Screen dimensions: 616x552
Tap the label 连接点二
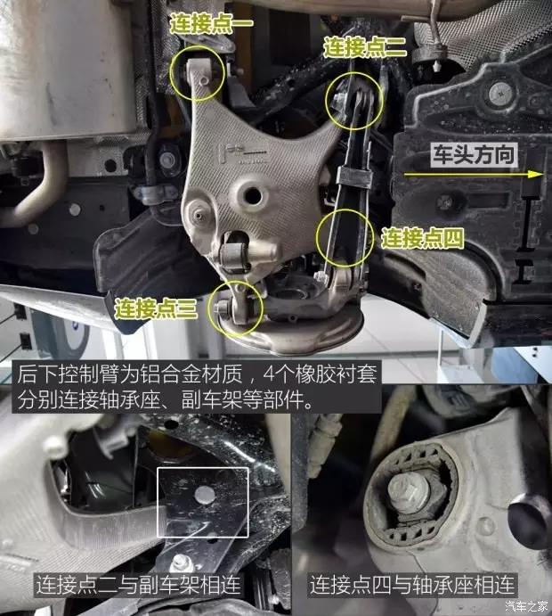[364, 45]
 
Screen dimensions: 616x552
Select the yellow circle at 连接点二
[354, 98]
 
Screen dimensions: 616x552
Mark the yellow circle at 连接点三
[236, 308]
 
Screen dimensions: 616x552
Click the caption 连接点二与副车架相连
[137, 585]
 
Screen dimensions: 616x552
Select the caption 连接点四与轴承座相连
[413, 585]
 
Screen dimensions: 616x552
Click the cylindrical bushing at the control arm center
[235, 255]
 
